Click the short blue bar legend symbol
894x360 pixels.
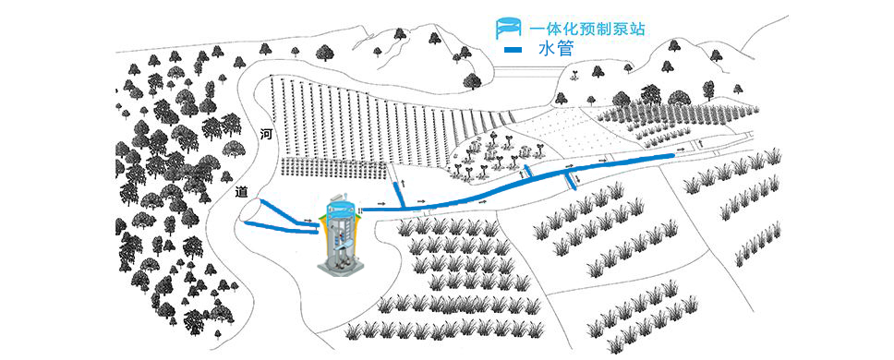coord(513,50)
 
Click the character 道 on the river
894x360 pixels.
coord(242,192)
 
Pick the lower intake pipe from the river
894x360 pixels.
coord(277,224)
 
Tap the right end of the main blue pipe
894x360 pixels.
coord(670,157)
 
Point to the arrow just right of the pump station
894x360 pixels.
coord(380,207)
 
